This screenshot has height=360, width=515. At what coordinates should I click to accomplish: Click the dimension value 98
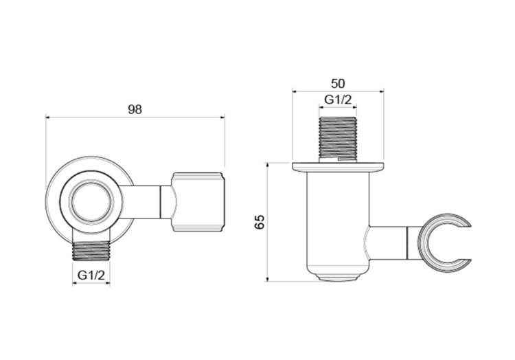click(x=135, y=109)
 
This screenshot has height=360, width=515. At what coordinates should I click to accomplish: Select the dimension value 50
click(x=338, y=83)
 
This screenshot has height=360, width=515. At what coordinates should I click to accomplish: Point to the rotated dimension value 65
click(x=260, y=222)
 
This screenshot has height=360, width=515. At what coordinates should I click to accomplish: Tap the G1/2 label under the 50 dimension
click(x=338, y=100)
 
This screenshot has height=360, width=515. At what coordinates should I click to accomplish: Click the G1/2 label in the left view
click(x=91, y=275)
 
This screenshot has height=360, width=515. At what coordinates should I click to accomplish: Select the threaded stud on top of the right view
click(x=338, y=138)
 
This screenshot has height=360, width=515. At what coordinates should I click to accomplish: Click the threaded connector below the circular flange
click(x=91, y=252)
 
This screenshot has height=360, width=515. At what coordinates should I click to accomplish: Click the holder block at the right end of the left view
click(x=198, y=201)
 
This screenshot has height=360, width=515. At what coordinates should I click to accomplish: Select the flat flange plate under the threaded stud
click(x=338, y=166)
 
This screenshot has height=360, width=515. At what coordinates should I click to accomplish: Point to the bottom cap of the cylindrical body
click(x=338, y=276)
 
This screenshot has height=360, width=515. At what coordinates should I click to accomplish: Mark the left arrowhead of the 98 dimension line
click(x=48, y=117)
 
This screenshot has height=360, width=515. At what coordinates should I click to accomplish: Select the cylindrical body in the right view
click(x=338, y=220)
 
